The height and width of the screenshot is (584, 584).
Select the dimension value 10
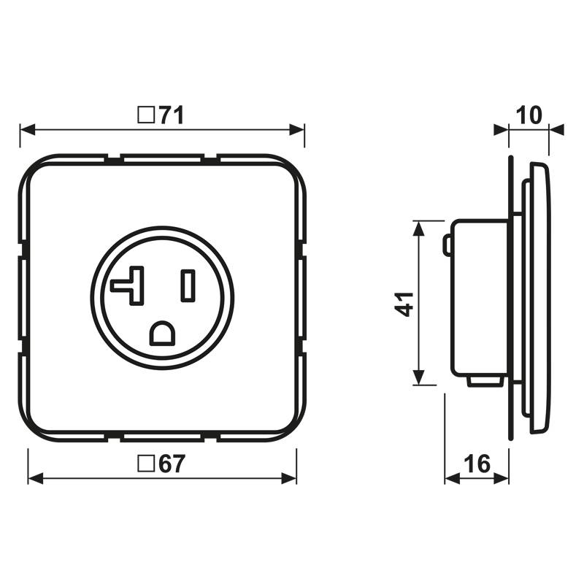click(529, 115)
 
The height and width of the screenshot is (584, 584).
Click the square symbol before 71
click(146, 115)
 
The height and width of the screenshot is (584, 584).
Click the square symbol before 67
click(146, 464)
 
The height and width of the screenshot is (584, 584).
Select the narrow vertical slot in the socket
click(188, 285)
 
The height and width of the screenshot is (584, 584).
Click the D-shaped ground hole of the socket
click(162, 334)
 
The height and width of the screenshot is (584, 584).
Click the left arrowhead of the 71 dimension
click(27, 131)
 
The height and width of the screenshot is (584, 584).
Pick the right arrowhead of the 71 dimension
click(297, 131)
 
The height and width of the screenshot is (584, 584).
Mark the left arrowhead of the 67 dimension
click(35, 480)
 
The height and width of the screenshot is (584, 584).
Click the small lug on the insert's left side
click(447, 245)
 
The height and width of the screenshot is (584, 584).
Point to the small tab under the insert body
click(485, 380)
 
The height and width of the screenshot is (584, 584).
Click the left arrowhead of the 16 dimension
click(452, 480)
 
